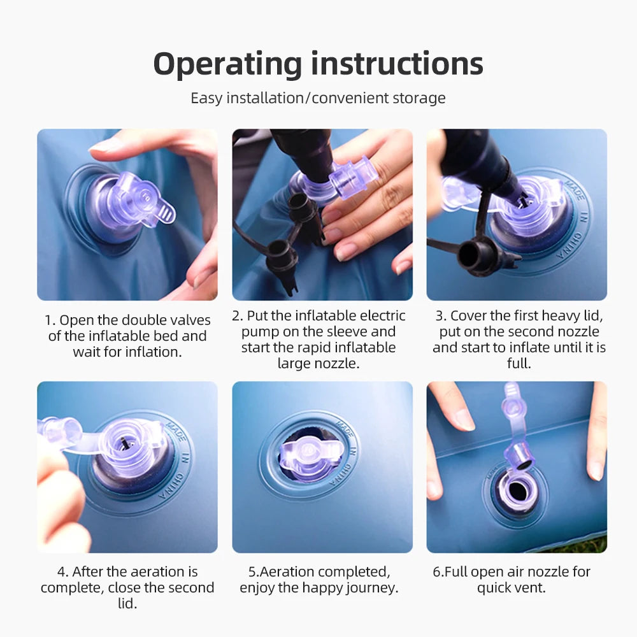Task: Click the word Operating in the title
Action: click(227, 65)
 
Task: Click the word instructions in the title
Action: click(397, 64)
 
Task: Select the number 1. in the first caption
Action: click(50, 320)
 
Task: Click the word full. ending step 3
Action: click(519, 363)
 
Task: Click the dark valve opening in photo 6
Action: click(517, 491)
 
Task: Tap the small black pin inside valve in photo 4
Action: click(123, 443)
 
